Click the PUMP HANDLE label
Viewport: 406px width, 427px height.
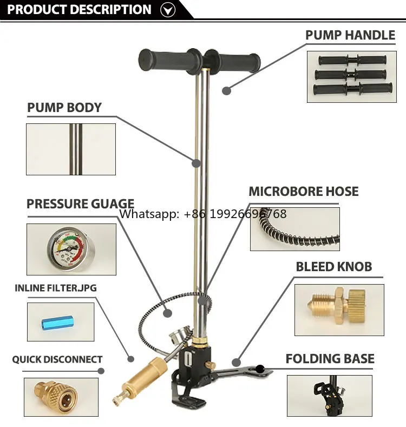click(350, 36)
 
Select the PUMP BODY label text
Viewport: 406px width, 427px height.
click(64, 108)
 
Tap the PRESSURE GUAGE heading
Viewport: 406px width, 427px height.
click(80, 204)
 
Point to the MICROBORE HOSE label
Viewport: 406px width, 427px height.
click(303, 192)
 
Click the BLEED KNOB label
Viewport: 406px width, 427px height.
click(333, 267)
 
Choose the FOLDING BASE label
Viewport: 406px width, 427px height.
click(330, 359)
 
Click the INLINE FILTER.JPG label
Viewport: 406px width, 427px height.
click(55, 288)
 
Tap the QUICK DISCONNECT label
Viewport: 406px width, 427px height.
click(57, 359)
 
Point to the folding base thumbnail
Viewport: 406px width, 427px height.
click(329, 397)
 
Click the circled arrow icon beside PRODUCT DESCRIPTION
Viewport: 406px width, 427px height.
click(169, 9)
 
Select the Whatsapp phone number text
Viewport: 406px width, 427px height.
click(202, 214)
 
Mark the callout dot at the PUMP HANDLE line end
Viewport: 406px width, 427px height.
click(226, 90)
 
